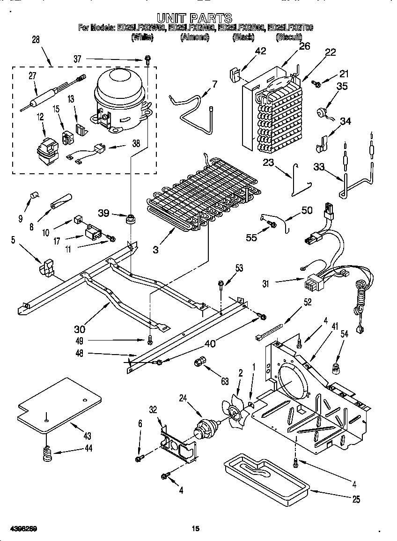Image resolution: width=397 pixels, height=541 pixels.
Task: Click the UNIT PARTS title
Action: tap(194, 18)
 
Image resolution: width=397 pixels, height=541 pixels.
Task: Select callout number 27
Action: tap(32, 77)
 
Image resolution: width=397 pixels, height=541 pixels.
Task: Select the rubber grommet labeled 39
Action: tap(130, 218)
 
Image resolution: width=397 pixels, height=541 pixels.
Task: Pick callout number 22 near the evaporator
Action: tap(330, 52)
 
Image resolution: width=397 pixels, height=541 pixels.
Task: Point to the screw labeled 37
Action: tap(147, 59)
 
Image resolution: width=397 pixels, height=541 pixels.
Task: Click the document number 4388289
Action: tap(19, 529)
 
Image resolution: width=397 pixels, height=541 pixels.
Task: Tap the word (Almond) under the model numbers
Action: tap(194, 37)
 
